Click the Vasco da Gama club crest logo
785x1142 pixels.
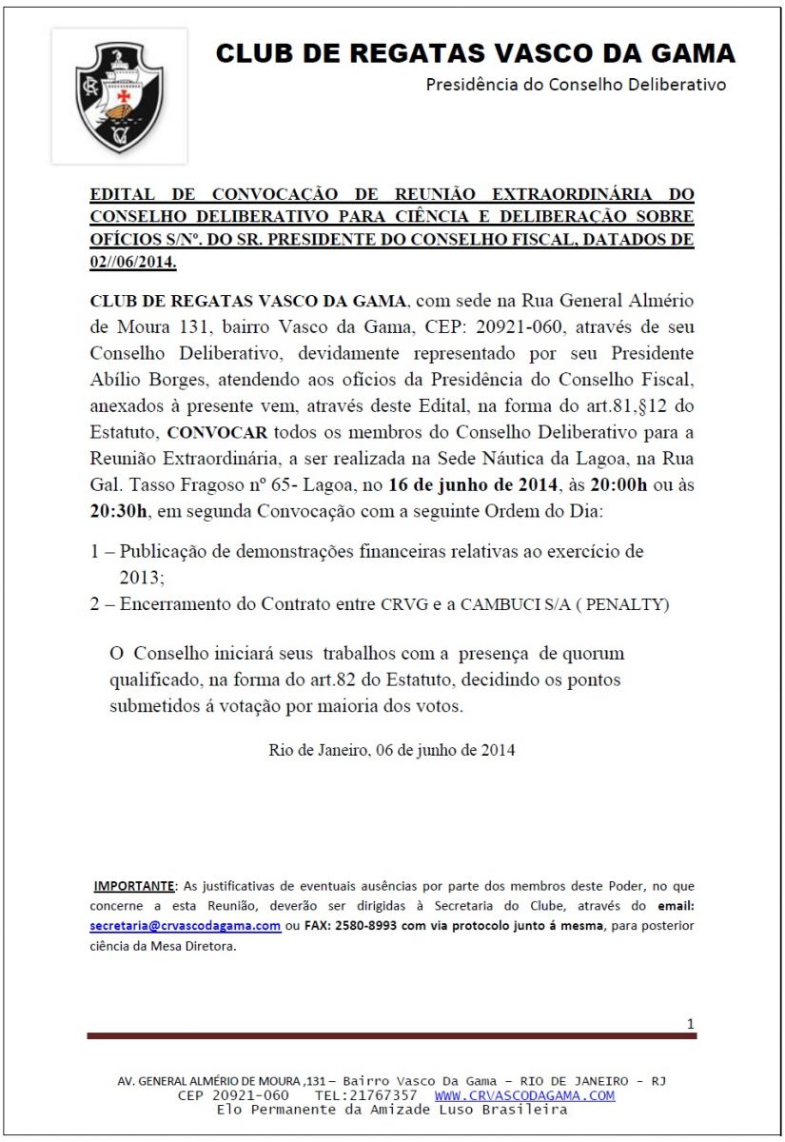pos(120,96)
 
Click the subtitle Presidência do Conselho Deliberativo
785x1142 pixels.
pos(576,85)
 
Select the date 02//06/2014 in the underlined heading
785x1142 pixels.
pos(133,261)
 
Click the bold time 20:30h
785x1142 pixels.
pos(119,511)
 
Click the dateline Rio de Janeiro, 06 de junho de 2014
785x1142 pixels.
pos(392,749)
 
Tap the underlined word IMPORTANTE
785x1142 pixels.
pos(134,886)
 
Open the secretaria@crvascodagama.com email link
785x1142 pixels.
pos(186,925)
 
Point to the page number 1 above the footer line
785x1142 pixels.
pos(690,1024)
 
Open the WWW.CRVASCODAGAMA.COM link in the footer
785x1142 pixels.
pos(524,1095)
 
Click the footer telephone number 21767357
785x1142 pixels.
pos(381,1095)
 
